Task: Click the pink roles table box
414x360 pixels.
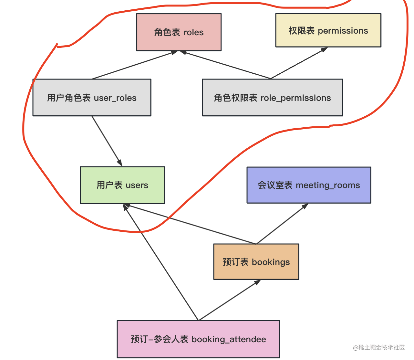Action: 179,32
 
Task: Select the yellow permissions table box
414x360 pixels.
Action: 328,30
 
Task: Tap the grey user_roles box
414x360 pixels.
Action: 92,98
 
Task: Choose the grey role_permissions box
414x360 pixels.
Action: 272,98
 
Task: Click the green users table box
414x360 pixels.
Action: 122,185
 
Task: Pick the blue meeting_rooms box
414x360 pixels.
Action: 309,185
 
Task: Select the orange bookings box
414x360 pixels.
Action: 256,262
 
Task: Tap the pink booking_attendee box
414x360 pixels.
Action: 198,339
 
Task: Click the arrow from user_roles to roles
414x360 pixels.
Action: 134,65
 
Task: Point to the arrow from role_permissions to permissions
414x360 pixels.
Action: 299,63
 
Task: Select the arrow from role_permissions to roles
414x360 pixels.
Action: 226,65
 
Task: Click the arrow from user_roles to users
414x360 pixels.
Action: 107,141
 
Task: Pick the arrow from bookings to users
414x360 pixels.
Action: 191,224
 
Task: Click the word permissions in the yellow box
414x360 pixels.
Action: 343,31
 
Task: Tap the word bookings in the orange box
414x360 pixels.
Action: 271,262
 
